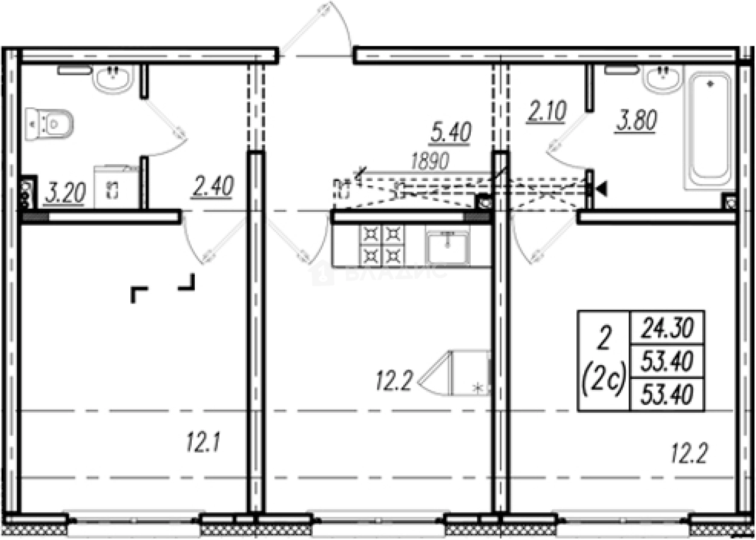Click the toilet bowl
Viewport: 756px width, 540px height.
pyautogui.click(x=51, y=124)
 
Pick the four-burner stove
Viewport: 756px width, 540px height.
pyautogui.click(x=382, y=245)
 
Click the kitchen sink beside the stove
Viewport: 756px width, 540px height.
pyautogui.click(x=447, y=246)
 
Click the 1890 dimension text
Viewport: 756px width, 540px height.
pyautogui.click(x=430, y=161)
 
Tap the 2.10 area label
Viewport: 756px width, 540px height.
pyautogui.click(x=546, y=113)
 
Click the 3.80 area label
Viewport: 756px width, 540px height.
pyautogui.click(x=635, y=121)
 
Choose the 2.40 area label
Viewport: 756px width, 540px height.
pyautogui.click(x=213, y=187)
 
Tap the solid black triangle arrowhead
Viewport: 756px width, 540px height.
pyautogui.click(x=602, y=189)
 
